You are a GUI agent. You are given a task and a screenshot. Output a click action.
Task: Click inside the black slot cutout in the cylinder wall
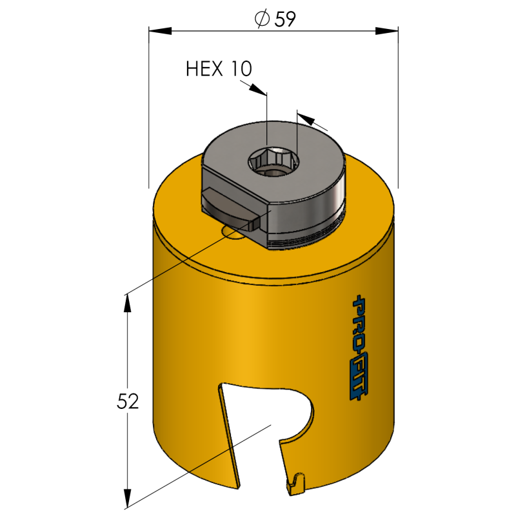pos(258,419)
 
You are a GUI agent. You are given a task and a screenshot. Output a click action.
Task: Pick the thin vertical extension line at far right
pos(398,116)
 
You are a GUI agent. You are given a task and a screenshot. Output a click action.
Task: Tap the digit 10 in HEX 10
pos(239,68)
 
